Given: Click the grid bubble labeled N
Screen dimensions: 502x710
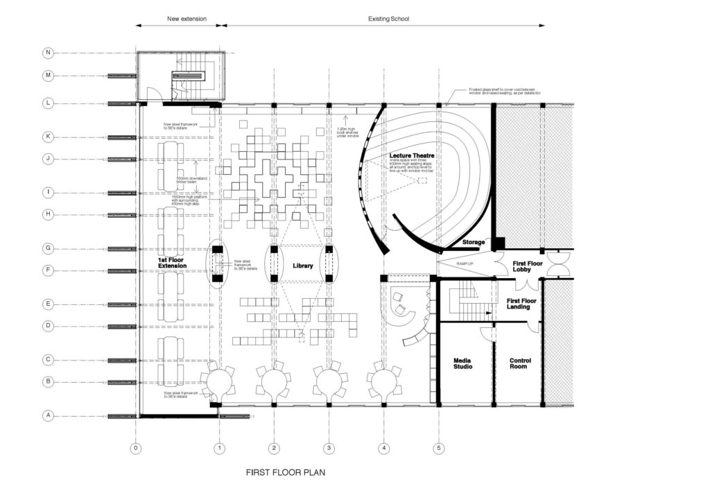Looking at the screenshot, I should click(48, 53).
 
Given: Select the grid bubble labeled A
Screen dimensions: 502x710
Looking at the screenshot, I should click(48, 416).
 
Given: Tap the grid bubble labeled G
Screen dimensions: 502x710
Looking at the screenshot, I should click(48, 248).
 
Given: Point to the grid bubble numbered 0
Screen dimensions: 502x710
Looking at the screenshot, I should click(136, 449).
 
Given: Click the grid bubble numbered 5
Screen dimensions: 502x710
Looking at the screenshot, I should click(439, 449).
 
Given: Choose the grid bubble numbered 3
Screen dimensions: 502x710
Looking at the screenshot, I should click(329, 449).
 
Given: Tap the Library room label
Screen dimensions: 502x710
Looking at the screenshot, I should click(302, 266).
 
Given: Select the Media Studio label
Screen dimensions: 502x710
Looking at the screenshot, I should click(463, 363).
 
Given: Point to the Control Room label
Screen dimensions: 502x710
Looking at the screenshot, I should click(520, 363).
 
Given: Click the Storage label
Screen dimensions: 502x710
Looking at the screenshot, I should click(474, 242).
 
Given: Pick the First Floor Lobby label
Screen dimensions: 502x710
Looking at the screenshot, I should click(526, 268).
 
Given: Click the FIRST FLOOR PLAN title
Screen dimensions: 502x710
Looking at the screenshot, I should click(286, 474).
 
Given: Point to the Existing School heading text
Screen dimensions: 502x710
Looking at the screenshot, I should click(388, 19).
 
